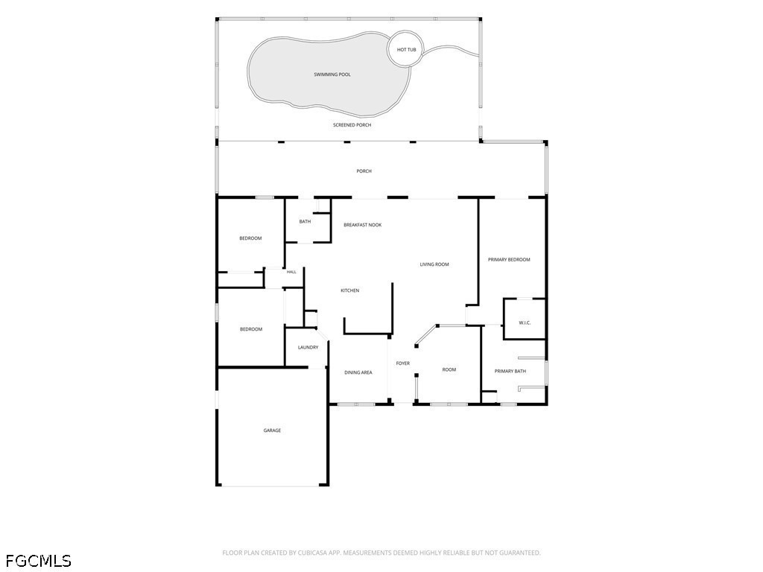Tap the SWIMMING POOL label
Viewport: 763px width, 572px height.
click(x=332, y=74)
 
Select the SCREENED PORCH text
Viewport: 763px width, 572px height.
click(x=352, y=125)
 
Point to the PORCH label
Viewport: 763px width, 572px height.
click(x=364, y=171)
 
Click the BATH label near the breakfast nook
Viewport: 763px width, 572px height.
click(x=305, y=222)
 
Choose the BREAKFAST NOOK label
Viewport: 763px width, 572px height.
click(x=363, y=225)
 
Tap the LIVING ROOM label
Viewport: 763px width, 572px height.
click(x=434, y=264)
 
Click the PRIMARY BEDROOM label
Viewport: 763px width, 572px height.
click(x=509, y=260)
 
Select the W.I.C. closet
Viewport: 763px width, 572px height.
click(x=525, y=323)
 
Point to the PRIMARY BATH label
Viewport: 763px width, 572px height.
click(x=510, y=372)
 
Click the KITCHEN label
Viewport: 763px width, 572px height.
click(x=350, y=291)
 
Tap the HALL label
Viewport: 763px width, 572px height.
click(x=291, y=272)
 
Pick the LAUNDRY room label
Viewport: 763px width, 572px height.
click(x=308, y=347)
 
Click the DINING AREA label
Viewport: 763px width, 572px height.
click(x=358, y=372)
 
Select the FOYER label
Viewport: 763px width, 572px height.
click(x=403, y=363)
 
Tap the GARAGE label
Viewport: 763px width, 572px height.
click(x=272, y=430)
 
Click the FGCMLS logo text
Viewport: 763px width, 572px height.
click(x=37, y=561)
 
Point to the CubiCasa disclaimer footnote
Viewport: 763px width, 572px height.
click(x=381, y=553)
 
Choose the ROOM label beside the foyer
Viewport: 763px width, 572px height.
click(x=449, y=369)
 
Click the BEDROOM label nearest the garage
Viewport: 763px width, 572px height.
click(x=251, y=329)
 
